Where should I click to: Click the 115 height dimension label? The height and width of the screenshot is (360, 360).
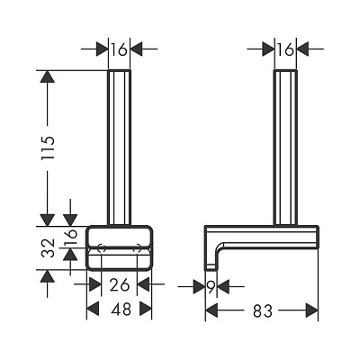tap(49, 148)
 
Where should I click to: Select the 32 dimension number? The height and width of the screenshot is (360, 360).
tap(49, 247)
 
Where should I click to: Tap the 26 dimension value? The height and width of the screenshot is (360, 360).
tap(120, 284)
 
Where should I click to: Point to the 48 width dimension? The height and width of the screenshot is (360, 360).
tap(121, 309)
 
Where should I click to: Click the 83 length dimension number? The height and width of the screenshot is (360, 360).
tap(263, 310)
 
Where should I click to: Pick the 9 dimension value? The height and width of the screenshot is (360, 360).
tap(211, 287)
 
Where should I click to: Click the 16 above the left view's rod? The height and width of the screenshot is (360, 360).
tap(120, 49)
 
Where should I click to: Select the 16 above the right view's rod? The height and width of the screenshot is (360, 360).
tap(285, 49)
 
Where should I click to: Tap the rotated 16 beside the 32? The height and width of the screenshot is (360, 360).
tap(71, 238)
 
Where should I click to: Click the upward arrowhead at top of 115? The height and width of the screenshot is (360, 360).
tap(48, 76)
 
